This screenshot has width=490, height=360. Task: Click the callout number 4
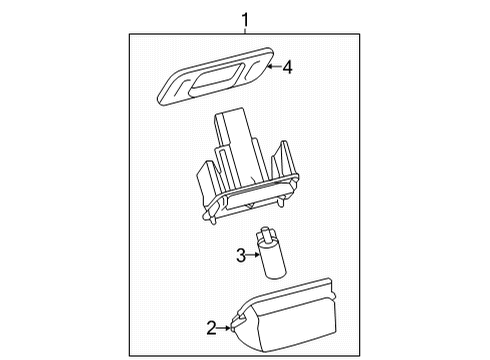[287, 67]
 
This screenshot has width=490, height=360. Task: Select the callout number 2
[211, 326]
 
